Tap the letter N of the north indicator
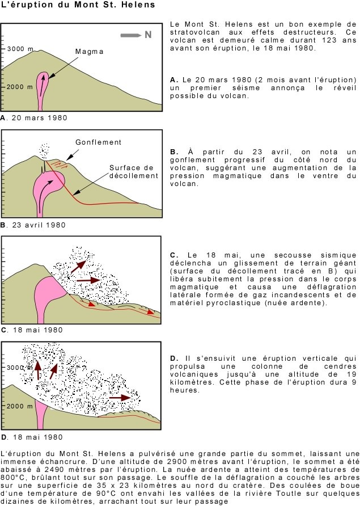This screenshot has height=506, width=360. point(148,35)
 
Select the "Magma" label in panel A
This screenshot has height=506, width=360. point(90,52)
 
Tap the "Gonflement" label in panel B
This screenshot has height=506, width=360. point(98,142)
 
